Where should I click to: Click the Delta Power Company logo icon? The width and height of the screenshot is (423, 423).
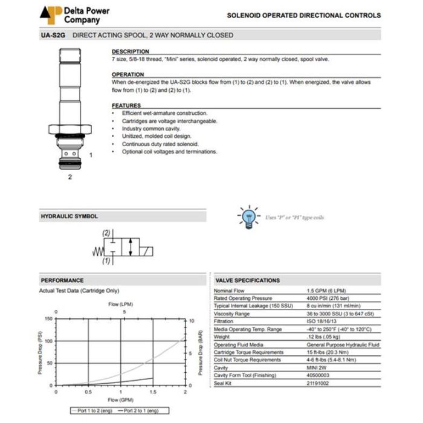point(51,15)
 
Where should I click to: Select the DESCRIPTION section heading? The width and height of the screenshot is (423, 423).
point(130,52)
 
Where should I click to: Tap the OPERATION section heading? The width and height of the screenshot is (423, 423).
point(128,75)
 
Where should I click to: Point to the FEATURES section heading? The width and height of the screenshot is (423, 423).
point(126,106)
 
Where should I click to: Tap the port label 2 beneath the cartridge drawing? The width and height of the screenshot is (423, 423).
point(70,177)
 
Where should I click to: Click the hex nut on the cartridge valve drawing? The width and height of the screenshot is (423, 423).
point(70,129)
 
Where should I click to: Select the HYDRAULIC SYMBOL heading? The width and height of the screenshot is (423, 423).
point(69,216)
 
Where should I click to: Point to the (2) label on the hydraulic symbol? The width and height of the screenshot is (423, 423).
point(107,233)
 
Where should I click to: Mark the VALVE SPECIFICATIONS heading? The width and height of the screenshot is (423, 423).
point(248,280)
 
